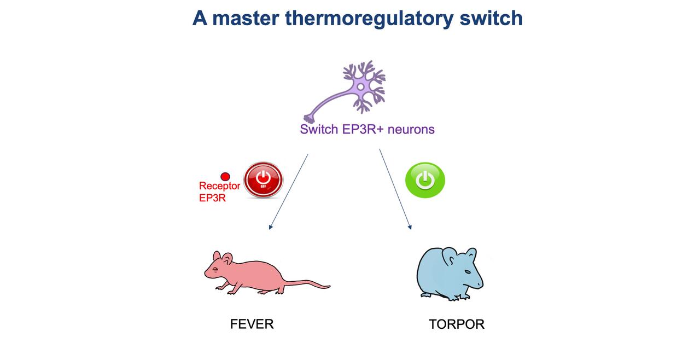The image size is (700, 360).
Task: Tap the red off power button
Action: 263,179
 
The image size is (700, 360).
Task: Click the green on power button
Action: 425,180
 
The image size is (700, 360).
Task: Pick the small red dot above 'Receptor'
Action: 225,177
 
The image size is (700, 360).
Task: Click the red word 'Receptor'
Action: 219,187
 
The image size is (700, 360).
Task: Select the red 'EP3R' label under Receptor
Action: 212,198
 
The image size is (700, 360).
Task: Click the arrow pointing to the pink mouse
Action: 288,191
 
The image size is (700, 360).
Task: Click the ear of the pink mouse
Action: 226,258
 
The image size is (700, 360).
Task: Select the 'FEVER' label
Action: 252,324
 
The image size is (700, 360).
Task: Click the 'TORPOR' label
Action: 457,324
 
